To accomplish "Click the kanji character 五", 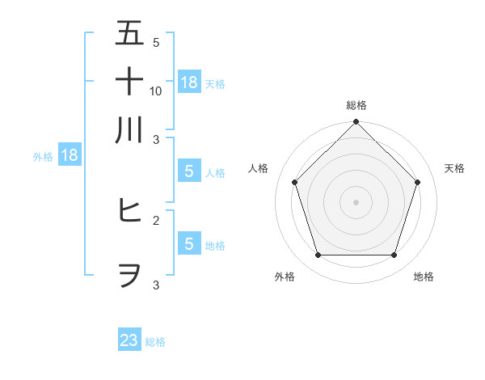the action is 129,33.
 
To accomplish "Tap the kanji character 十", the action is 129,81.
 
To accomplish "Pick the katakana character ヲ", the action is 129,275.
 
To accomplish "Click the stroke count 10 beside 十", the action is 156,91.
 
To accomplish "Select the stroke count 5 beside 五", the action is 156,42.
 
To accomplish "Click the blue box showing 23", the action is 129,340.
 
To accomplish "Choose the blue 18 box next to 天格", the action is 189,82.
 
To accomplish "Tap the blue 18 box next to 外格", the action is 70,155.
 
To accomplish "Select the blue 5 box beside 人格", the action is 189,171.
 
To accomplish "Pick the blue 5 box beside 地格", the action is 189,243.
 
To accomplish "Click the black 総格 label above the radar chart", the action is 356,105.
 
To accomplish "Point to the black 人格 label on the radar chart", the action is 259,168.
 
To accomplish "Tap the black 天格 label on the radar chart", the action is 454,168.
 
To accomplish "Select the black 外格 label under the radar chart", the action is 285,277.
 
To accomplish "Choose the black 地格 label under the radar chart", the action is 424,277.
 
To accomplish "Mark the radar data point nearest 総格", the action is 356,124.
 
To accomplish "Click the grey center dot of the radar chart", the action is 356,201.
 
